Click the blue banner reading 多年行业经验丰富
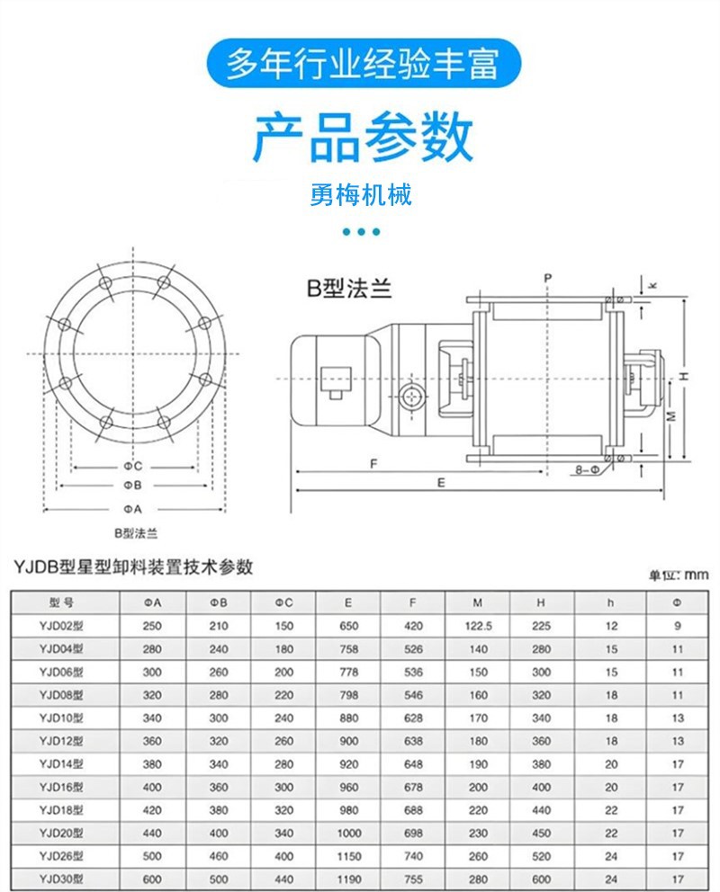pos(360,64)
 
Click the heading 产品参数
pos(361,138)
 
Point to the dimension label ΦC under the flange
pos(133,466)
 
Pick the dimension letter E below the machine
pos(441,483)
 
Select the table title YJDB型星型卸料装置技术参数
pos(133,566)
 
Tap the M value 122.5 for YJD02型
pos(478,626)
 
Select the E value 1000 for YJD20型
pos(349,833)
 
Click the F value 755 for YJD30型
pos(414,879)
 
